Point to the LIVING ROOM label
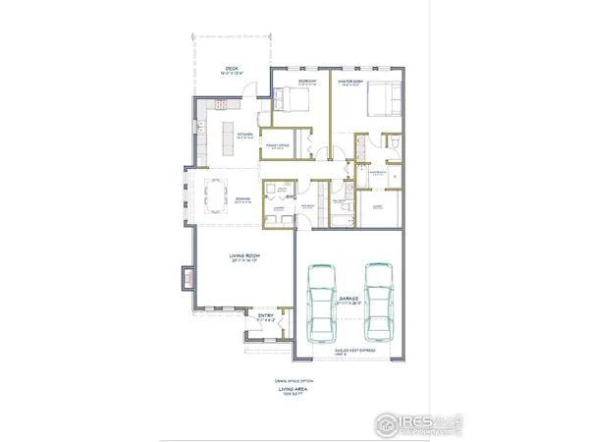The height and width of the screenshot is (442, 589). pos(243,258)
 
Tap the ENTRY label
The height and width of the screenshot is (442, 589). pos(265,315)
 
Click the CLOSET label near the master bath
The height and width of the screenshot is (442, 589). pos(378,206)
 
